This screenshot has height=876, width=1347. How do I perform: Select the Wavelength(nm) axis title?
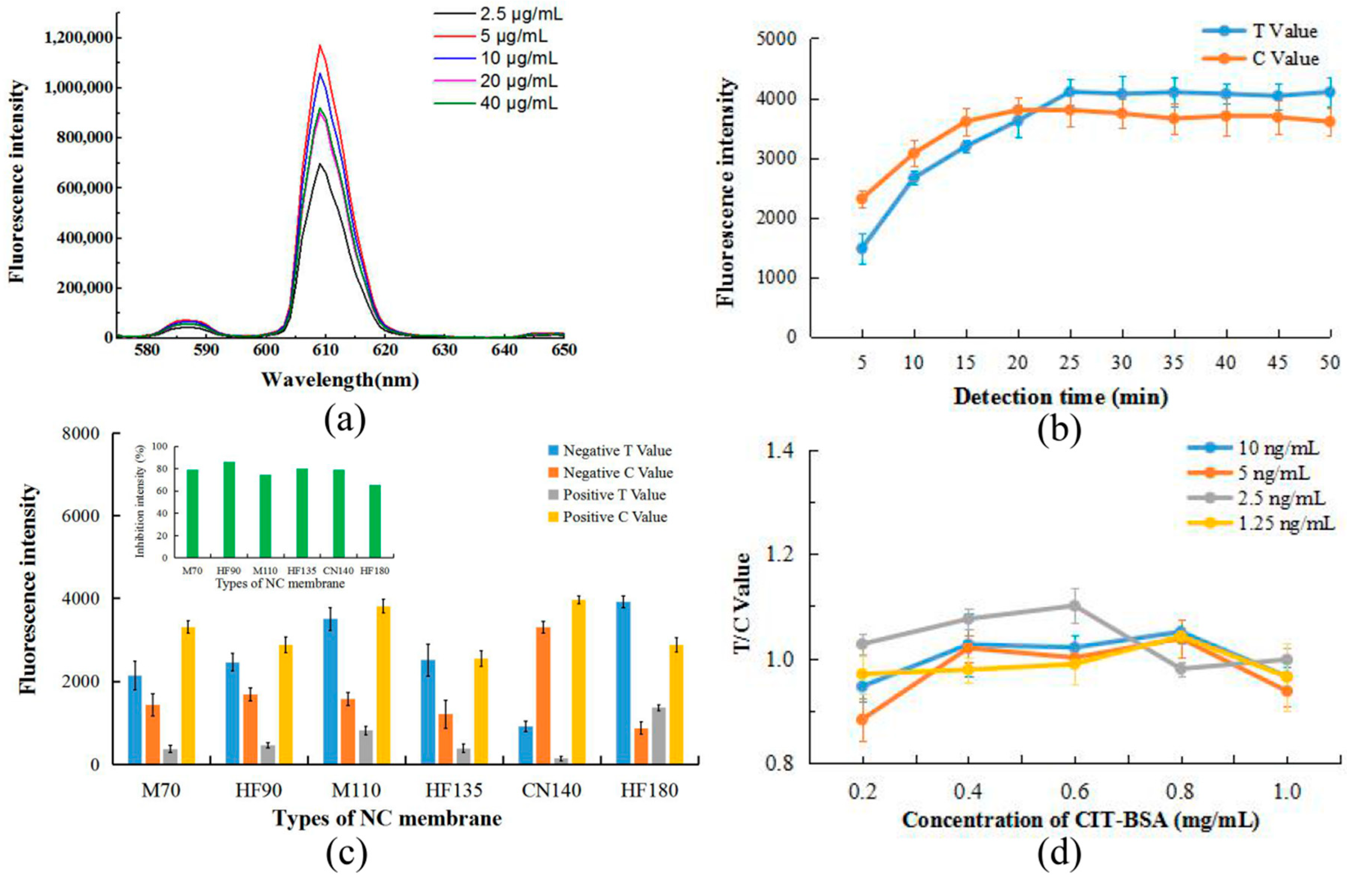pyautogui.click(x=340, y=380)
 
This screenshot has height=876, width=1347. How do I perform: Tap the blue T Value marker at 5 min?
pyautogui.click(x=862, y=248)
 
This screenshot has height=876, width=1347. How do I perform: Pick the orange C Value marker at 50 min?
pyautogui.click(x=1330, y=121)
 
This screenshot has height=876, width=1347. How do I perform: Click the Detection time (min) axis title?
pyautogui.click(x=1060, y=397)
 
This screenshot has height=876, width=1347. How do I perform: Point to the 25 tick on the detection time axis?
pyautogui.click(x=1070, y=362)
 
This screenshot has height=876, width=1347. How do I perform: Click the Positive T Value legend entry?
pyautogui.click(x=614, y=495)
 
